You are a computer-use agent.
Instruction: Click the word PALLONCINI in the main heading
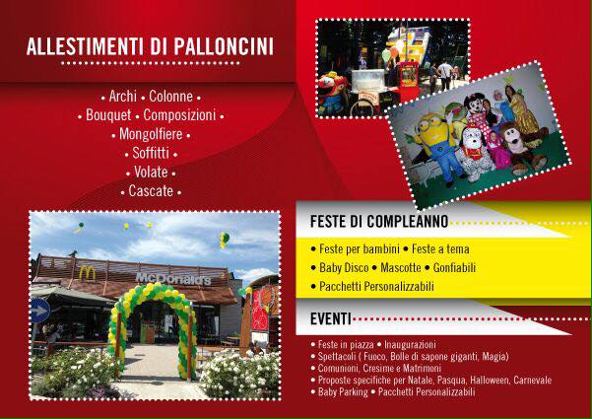[x=224, y=46]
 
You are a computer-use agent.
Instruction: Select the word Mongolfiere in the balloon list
[x=151, y=134]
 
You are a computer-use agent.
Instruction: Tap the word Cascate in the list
[x=151, y=191]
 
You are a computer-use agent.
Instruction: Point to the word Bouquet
[x=108, y=115]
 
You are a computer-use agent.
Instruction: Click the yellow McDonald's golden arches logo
[x=88, y=273]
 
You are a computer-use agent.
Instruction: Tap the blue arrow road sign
[x=40, y=311]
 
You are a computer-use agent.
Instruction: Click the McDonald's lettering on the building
[x=173, y=279]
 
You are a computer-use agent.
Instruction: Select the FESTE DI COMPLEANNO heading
[x=379, y=222]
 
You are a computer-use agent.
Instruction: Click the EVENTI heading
[x=331, y=318]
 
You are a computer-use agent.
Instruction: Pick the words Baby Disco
[x=344, y=268]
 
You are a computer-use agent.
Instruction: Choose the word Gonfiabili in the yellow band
[x=454, y=268]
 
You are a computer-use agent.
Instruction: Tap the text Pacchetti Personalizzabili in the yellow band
[x=376, y=286]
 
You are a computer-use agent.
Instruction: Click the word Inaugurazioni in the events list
[x=410, y=345]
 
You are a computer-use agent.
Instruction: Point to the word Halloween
[x=490, y=380]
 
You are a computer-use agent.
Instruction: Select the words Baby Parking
[x=343, y=391]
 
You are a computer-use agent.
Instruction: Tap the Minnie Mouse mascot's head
[x=476, y=105]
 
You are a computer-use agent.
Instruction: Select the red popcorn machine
[x=408, y=81]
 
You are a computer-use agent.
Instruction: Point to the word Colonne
[x=170, y=97]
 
